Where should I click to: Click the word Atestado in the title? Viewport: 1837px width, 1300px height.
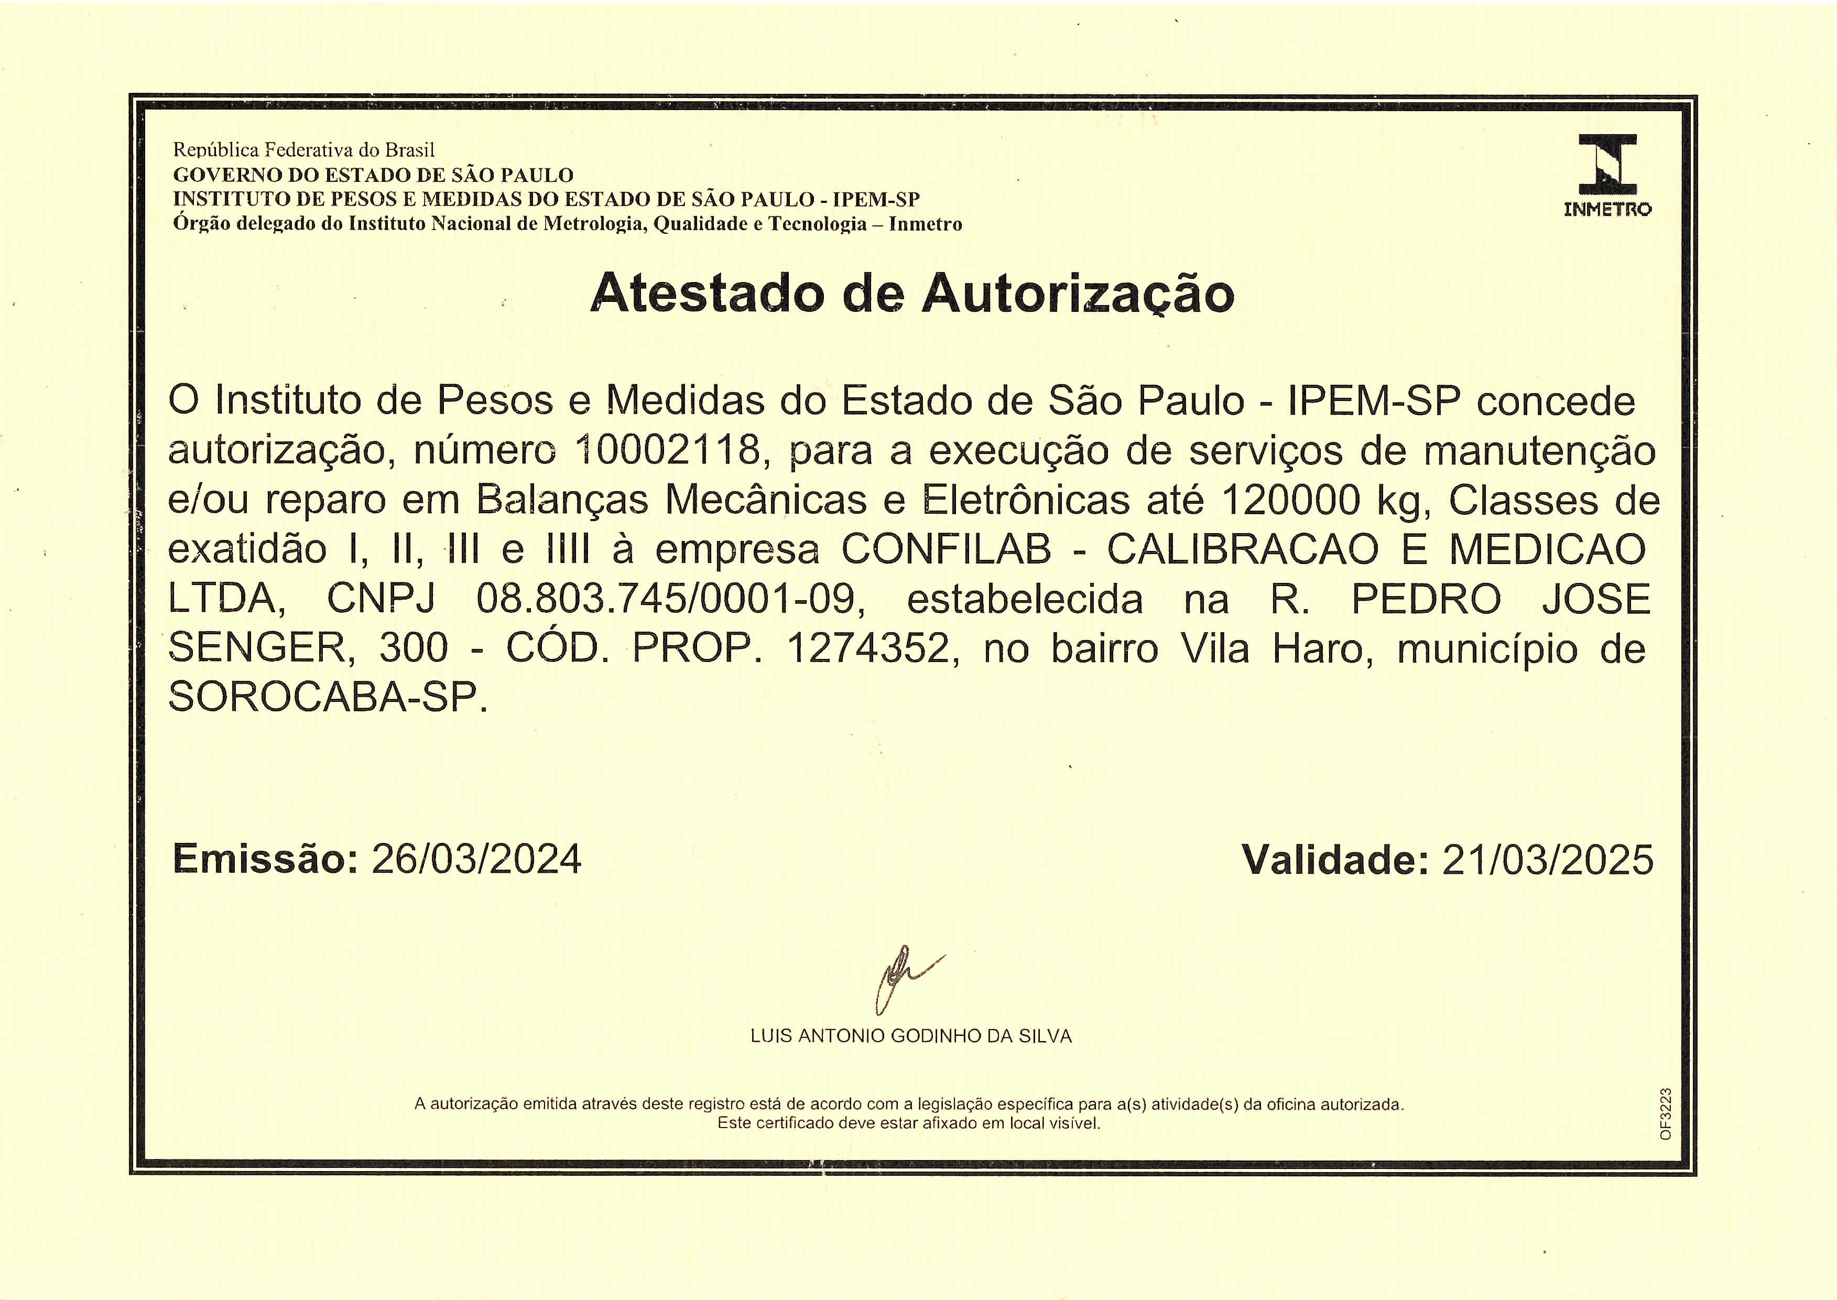coord(707,294)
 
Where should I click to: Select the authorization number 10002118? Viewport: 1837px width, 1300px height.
coord(667,451)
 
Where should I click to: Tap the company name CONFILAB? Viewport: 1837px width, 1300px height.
coord(946,550)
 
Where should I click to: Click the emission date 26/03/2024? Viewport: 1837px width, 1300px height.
coord(477,860)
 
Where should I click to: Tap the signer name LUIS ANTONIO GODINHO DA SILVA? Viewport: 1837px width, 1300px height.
coord(911,1036)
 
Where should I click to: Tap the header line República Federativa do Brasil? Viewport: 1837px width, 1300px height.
coord(304,150)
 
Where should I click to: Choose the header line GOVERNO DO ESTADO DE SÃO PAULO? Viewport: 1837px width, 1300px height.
coord(373,175)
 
